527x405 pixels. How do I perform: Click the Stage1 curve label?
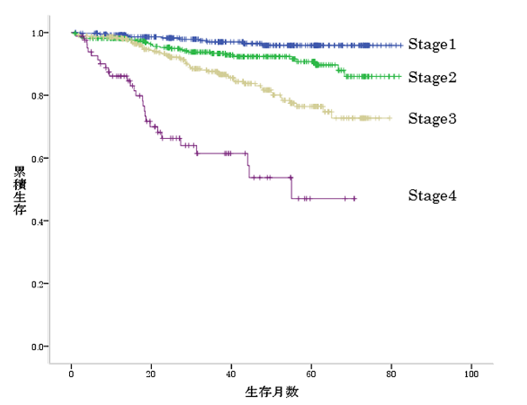[432, 45]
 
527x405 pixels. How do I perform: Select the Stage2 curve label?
[432, 78]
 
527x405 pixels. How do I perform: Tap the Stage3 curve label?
[432, 119]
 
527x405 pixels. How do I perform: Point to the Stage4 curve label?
[432, 196]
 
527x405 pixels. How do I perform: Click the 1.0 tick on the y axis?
[39, 33]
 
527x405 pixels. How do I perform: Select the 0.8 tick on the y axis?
[39, 96]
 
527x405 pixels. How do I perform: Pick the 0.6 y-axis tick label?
[39, 159]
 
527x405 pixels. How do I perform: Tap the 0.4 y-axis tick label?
[39, 221]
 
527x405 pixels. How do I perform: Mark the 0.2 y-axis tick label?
[39, 284]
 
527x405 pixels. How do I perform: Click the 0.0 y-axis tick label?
[39, 347]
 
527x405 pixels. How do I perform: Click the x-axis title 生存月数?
[272, 391]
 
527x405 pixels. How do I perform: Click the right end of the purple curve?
[355, 198]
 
